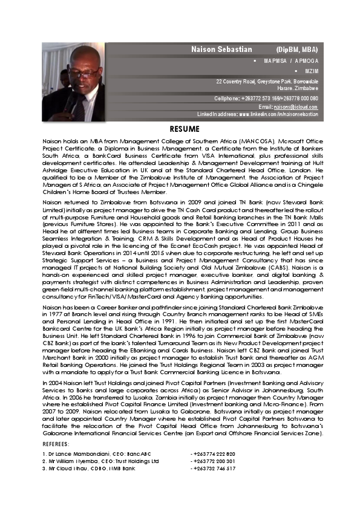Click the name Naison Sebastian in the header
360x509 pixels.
click(x=219, y=48)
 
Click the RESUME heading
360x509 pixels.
click(x=181, y=129)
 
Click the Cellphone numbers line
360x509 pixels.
click(x=266, y=98)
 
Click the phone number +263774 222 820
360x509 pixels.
click(x=213, y=453)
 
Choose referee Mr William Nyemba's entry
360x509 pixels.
click(x=100, y=461)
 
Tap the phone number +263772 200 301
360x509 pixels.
click(x=213, y=461)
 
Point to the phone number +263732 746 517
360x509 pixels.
click(x=213, y=468)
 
